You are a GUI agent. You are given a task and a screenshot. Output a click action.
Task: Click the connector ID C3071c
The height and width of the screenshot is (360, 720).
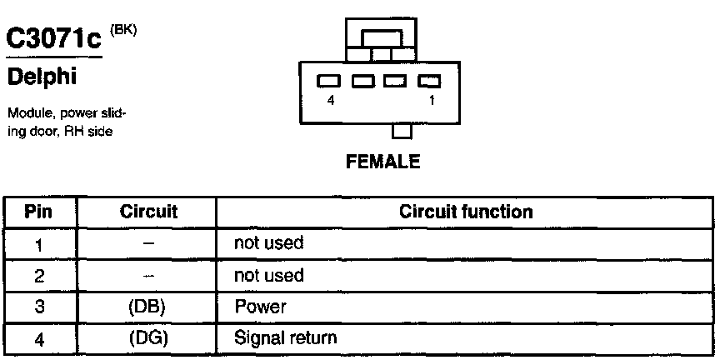[54, 39]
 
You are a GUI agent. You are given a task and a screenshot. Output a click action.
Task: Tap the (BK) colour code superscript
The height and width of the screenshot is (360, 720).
[122, 30]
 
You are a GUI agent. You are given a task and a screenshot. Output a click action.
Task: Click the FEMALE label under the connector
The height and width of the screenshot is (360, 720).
[382, 162]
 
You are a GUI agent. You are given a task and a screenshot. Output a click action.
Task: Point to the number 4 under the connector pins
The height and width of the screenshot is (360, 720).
[332, 99]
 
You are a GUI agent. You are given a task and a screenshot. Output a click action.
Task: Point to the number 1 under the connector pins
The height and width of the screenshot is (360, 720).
[431, 99]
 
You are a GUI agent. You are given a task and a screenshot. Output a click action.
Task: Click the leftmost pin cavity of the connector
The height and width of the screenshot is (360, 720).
[331, 82]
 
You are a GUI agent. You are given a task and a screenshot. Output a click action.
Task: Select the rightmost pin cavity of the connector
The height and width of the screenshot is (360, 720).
[428, 82]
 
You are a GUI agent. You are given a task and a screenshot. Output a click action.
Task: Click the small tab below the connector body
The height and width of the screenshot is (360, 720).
[402, 131]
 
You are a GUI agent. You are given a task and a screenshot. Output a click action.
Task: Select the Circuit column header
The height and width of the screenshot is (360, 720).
[148, 212]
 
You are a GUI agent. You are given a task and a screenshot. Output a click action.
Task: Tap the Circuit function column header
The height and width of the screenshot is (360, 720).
[466, 212]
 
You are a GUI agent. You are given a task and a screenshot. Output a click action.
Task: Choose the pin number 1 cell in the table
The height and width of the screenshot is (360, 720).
[40, 244]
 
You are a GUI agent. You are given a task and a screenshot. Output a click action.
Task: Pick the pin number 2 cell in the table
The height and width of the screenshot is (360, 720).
[40, 275]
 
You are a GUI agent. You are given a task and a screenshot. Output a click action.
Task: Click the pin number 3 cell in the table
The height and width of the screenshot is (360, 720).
[40, 307]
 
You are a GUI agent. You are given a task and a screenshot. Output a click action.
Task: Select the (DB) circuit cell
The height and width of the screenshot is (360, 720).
[148, 307]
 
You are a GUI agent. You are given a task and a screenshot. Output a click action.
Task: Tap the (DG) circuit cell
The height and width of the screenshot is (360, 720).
[148, 337]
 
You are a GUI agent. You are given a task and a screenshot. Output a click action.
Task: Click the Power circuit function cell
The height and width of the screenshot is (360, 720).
[260, 307]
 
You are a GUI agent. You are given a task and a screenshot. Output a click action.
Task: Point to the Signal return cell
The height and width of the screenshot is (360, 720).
[286, 337]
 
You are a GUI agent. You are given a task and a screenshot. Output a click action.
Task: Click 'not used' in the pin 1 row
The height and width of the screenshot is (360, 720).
[269, 243]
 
